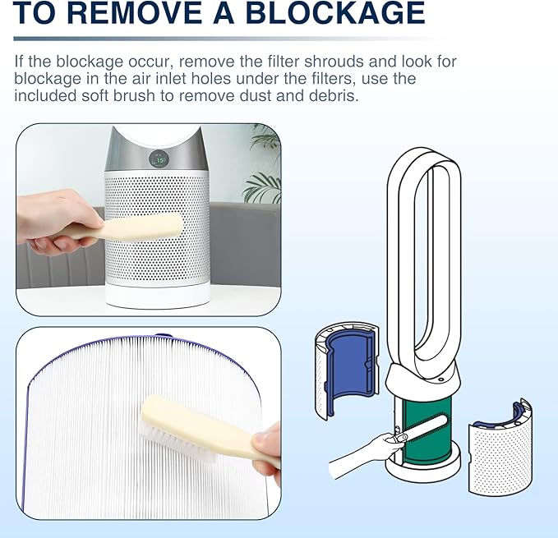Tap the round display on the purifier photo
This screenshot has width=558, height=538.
pos(157,159)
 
